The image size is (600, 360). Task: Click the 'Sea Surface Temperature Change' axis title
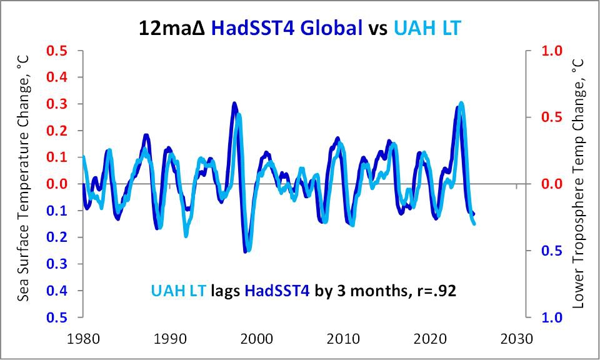(x=23, y=184)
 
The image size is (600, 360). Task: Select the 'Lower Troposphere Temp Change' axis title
(x=577, y=184)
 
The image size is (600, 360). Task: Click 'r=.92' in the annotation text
(x=441, y=290)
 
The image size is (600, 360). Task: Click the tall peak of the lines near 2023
(x=461, y=104)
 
